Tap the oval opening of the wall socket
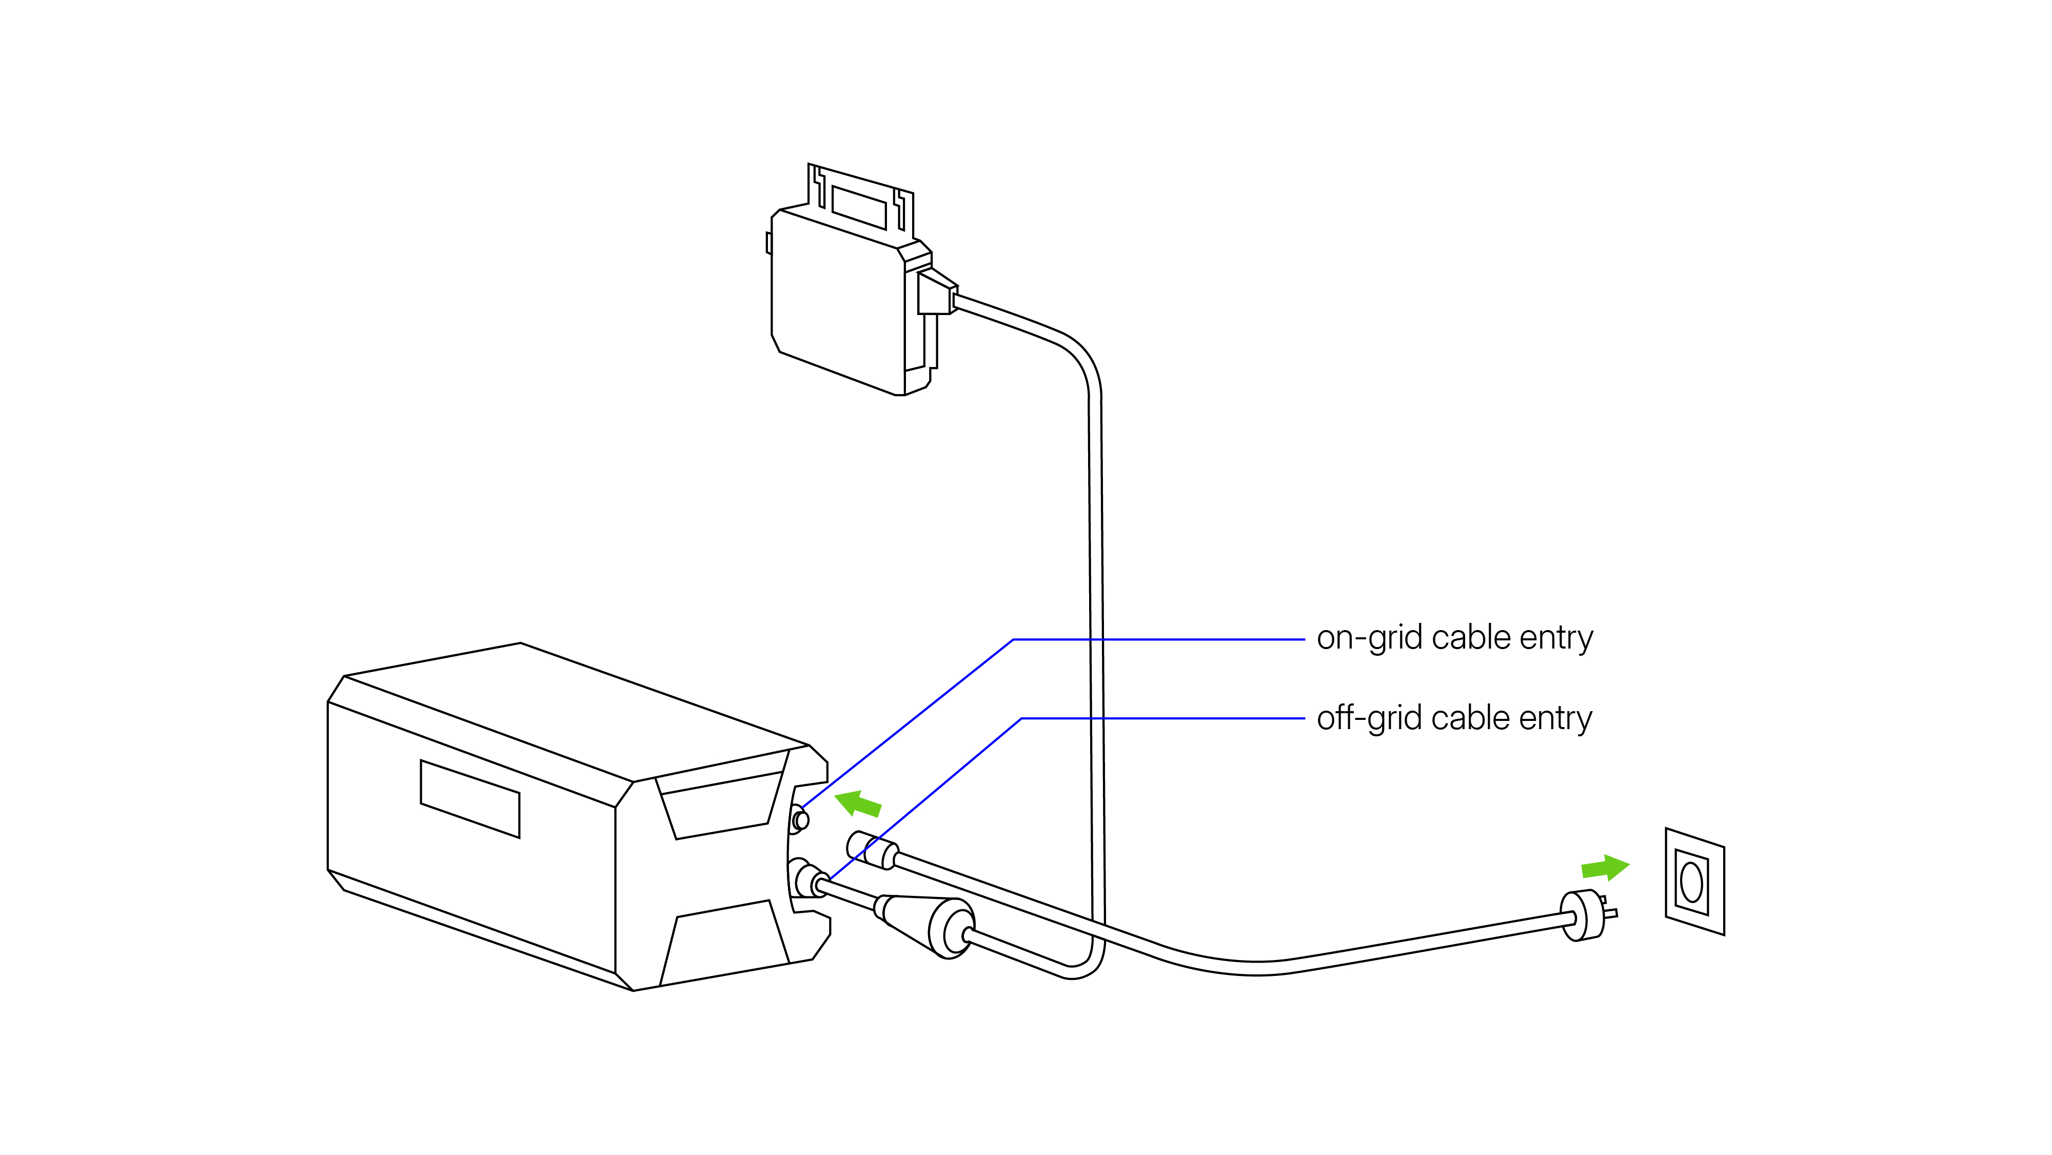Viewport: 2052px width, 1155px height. click(1691, 883)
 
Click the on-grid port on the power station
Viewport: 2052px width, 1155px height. click(801, 819)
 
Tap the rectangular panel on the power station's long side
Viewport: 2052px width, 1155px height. click(470, 798)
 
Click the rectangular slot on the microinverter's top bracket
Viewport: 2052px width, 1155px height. click(859, 207)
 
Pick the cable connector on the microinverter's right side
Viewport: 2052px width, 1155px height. click(936, 293)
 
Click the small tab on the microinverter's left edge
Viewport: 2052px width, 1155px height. click(768, 243)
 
